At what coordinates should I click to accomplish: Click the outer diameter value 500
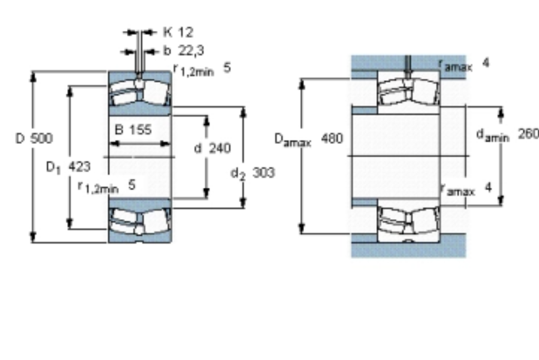41,138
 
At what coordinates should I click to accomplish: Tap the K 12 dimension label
178,32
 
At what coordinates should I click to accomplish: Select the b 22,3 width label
183,51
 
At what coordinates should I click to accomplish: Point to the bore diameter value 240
220,148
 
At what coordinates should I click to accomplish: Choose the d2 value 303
264,172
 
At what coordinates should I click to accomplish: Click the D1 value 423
80,167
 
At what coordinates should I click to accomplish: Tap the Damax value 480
332,138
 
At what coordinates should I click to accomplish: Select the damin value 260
529,134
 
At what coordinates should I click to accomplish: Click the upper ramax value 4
486,63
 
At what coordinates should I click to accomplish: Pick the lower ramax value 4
488,188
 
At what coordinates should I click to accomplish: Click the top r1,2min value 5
227,67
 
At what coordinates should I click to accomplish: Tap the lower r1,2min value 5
132,185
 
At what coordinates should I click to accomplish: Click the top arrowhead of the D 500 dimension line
33,77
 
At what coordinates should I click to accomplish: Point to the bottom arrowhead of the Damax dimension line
302,228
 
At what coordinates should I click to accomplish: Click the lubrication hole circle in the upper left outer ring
139,83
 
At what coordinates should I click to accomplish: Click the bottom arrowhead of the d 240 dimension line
206,193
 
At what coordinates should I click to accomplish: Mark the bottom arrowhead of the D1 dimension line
70,223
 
